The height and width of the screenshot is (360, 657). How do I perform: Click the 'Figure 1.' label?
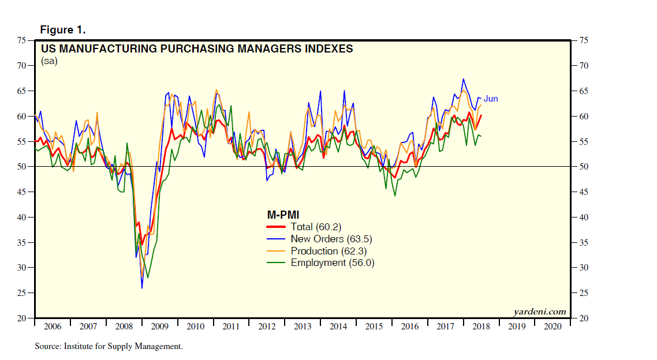coord(62,29)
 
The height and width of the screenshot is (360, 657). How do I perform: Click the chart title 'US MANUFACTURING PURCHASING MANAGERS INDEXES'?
coord(197,48)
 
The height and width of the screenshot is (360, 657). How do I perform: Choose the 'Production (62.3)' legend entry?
coord(328,251)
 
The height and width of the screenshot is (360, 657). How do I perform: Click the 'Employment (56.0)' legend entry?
coord(333,262)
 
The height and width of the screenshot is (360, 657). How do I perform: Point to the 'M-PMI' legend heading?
coord(283,215)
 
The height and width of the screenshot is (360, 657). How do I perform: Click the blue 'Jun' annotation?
coord(491,99)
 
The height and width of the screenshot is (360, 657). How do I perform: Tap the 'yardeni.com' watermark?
coord(540,312)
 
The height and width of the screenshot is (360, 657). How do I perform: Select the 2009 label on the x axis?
coord(159,327)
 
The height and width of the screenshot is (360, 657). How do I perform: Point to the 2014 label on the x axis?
coord(338,327)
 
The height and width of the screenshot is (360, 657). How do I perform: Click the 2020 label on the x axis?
coord(553,327)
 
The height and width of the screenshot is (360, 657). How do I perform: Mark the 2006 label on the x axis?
coord(52,327)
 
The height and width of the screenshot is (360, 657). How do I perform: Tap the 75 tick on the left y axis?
coord(22,40)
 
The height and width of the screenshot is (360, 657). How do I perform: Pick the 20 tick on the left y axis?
coord(22,318)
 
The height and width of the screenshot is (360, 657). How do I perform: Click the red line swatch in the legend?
coord(277,227)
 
